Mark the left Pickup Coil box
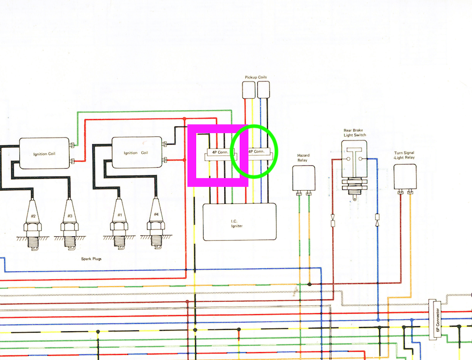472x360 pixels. coord(249,89)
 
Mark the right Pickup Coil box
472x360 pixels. coord(263,89)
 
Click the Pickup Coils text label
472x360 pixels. coord(256,77)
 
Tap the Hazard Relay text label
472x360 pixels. coord(303,158)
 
